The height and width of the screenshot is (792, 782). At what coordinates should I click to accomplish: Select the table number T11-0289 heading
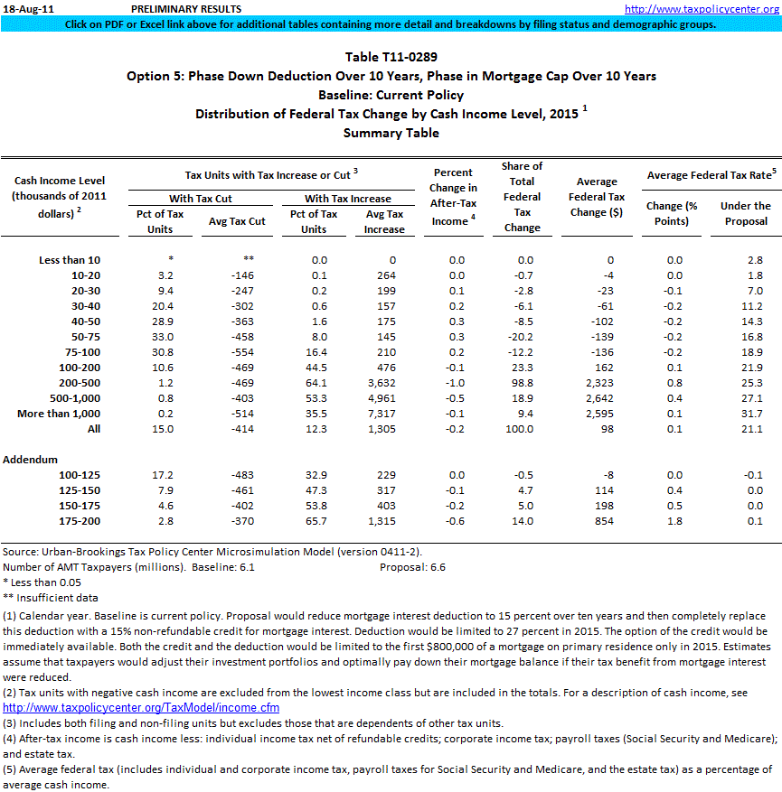click(391, 58)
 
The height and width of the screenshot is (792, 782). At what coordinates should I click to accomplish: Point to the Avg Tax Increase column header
click(384, 221)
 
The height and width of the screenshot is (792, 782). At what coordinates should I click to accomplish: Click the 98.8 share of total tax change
click(521, 383)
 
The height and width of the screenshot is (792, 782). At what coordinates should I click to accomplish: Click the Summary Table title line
click(391, 133)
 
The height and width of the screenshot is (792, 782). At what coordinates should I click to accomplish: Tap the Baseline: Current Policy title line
click(391, 95)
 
